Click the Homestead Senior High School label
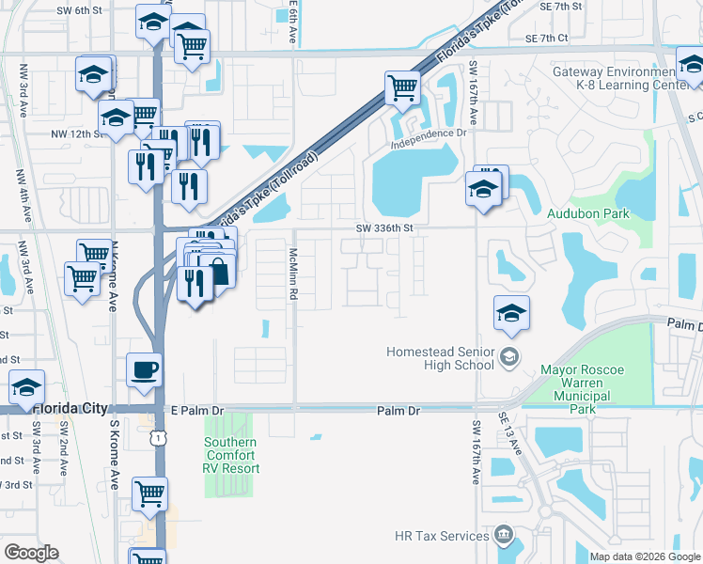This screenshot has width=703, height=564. coord(440,358)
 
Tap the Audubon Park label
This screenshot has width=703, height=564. coord(588,214)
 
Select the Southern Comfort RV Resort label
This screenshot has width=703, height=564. coord(232,455)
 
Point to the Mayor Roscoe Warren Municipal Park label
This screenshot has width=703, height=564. coord(583,389)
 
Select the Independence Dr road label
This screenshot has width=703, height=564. coord(429,133)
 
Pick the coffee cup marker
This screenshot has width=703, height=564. coord(144,368)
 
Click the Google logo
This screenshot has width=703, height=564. coord(31,553)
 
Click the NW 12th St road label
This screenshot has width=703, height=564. coord(74,134)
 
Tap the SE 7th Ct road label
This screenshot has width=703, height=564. coord(548,39)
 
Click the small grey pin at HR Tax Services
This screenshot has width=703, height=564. coord(505,536)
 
